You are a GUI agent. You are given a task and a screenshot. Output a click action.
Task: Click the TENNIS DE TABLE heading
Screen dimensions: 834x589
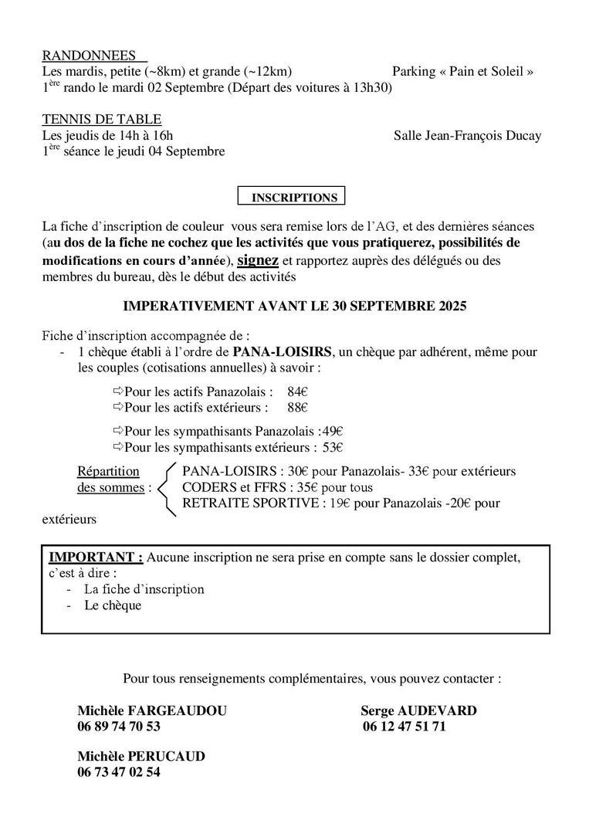click(102, 119)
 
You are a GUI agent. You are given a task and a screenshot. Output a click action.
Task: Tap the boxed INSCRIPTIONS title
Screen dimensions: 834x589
click(293, 197)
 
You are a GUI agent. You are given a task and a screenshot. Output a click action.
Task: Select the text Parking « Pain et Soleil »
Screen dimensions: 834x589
click(463, 72)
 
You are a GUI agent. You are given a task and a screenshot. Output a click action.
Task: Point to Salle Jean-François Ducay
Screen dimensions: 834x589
click(467, 136)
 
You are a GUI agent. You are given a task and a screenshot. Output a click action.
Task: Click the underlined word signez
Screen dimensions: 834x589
click(258, 259)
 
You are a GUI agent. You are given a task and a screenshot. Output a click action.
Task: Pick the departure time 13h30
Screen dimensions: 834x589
click(375, 88)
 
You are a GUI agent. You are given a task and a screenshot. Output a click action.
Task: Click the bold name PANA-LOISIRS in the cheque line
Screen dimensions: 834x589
click(287, 352)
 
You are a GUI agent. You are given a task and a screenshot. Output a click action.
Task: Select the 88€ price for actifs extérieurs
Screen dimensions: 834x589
click(297, 407)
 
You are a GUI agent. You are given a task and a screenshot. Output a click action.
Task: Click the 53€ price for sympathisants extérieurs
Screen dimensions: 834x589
click(333, 446)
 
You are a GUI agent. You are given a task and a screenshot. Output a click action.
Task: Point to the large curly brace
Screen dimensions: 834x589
click(167, 488)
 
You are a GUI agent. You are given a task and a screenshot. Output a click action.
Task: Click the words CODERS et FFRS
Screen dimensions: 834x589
click(237, 487)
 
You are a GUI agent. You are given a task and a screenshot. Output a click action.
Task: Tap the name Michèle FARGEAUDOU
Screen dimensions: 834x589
click(152, 711)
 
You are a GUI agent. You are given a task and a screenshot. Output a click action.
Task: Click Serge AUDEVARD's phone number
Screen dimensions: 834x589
click(403, 727)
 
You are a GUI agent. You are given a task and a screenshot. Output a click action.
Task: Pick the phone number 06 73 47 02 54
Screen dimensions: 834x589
click(119, 771)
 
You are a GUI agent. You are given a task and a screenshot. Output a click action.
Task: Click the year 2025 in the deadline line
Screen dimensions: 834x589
click(449, 306)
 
